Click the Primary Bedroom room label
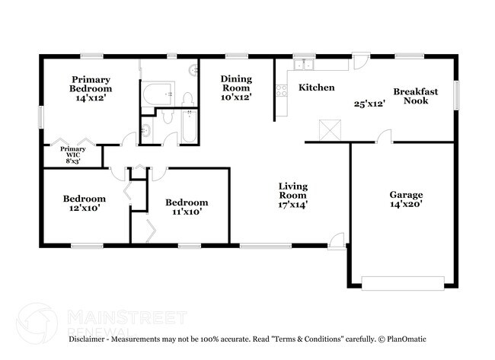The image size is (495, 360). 91,84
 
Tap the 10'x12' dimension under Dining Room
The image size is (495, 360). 236,97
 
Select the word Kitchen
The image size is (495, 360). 317,88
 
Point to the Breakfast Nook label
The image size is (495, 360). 416,96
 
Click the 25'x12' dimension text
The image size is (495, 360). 369,104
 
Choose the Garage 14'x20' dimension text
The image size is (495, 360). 406,204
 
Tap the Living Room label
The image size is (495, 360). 293,191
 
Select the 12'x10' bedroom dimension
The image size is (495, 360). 85,208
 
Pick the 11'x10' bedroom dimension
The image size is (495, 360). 187,212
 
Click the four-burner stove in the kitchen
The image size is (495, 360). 282,91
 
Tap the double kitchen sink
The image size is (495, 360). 303,65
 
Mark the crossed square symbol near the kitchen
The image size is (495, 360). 331,130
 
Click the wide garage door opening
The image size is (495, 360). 403,283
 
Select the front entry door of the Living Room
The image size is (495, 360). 337,241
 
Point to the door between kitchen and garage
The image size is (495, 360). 384,136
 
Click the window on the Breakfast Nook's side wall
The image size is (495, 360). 456,96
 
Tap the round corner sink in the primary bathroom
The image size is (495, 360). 193,70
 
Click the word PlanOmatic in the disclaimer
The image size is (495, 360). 407,339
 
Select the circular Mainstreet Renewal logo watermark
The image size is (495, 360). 37,323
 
